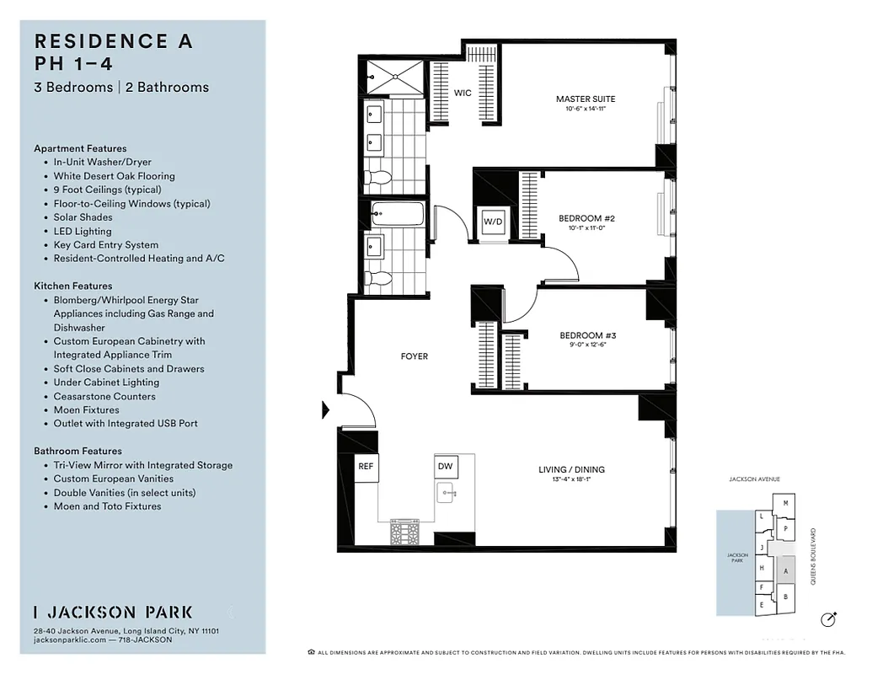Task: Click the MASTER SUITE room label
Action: click(x=580, y=99)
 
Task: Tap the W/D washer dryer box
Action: click(x=491, y=222)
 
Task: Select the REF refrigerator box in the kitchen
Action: click(x=366, y=466)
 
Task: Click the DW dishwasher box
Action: click(x=444, y=466)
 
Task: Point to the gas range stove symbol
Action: click(x=404, y=531)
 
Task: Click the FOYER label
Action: click(x=414, y=356)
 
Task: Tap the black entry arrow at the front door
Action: click(x=326, y=410)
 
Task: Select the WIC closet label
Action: click(x=463, y=94)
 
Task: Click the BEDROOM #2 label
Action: click(x=580, y=218)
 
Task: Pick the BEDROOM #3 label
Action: click(x=581, y=336)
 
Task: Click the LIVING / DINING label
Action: click(x=571, y=470)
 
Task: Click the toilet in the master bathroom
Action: click(x=380, y=177)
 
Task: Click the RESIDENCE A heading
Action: click(x=113, y=41)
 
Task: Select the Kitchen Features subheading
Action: click(x=72, y=286)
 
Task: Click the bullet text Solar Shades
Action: click(x=83, y=217)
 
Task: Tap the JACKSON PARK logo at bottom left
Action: click(x=113, y=612)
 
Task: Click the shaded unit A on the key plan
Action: click(x=785, y=570)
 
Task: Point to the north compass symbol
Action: click(x=828, y=620)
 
